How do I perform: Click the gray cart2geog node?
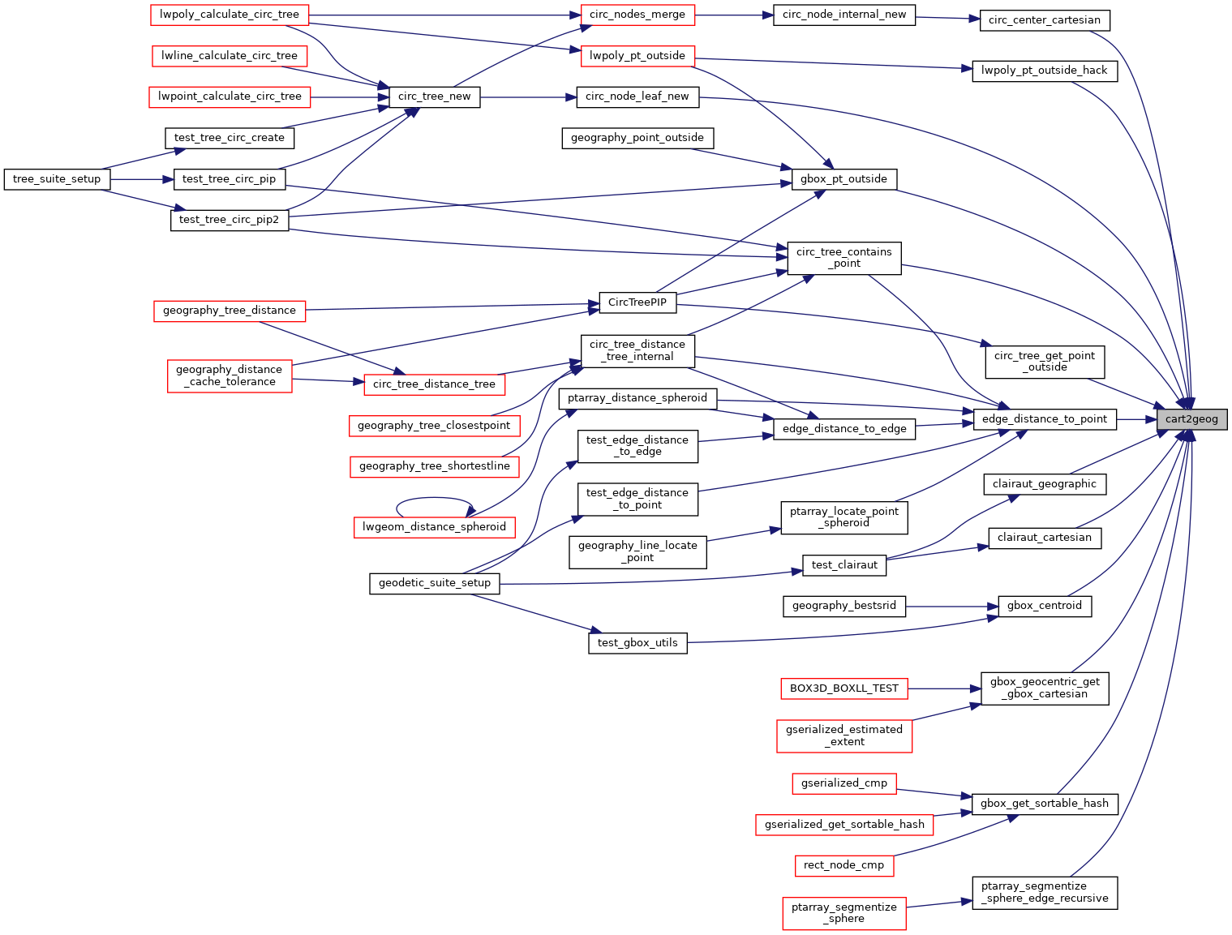point(1191,419)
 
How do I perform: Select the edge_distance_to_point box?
point(1044,419)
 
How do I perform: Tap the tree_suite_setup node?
point(57,179)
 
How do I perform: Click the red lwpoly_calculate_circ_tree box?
point(230,15)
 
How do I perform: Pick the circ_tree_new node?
point(434,97)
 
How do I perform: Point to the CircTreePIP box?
point(637,302)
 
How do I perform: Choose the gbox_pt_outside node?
point(844,179)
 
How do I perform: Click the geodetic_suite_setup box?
point(434,583)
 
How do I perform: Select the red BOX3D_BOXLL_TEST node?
point(844,688)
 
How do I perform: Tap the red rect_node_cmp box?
point(844,865)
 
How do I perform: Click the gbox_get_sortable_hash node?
point(1044,804)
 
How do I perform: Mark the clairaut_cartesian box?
point(1044,538)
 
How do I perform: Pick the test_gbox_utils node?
point(637,643)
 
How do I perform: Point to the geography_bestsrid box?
point(844,606)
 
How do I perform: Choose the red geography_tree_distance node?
point(230,311)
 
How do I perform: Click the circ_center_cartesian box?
point(1044,20)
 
